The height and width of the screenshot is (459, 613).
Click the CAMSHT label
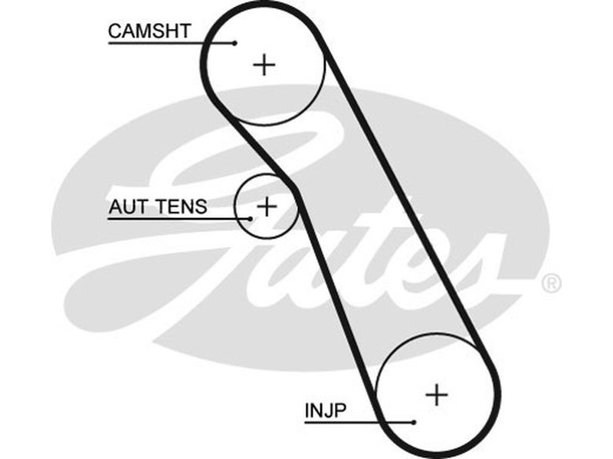pyautogui.click(x=149, y=31)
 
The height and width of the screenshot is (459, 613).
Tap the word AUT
pyautogui.click(x=125, y=207)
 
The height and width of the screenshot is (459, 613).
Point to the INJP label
pyautogui.click(x=325, y=410)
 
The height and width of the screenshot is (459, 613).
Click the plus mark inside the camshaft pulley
pyautogui.click(x=264, y=64)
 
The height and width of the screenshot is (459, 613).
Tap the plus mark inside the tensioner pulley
pyautogui.click(x=266, y=206)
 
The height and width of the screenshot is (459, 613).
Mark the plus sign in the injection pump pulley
pyautogui.click(x=436, y=394)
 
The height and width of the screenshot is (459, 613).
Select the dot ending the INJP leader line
pyautogui.click(x=413, y=422)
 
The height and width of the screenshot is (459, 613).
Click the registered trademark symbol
pyautogui.click(x=551, y=284)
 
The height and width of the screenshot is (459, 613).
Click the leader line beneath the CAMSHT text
pyautogui.click(x=169, y=43)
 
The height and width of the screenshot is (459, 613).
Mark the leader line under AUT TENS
pyautogui.click(x=176, y=220)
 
